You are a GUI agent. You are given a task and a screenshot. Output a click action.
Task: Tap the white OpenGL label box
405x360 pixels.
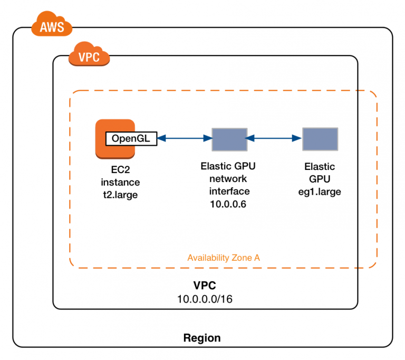click(x=131, y=139)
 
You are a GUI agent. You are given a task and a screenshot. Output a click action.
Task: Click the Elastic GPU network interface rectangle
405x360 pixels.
click(x=229, y=139)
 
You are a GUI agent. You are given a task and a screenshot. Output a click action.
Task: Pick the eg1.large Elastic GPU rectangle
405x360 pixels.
click(x=320, y=139)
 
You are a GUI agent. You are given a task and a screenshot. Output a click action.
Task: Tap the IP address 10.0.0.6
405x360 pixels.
click(x=229, y=204)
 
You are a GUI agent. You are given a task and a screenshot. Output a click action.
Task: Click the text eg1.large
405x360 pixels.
click(x=320, y=192)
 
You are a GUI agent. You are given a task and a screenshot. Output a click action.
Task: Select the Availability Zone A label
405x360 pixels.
click(x=224, y=258)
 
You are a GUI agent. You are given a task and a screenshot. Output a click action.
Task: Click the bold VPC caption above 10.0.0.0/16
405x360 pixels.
click(x=205, y=286)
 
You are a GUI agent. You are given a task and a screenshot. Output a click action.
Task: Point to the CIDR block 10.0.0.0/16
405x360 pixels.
click(x=205, y=298)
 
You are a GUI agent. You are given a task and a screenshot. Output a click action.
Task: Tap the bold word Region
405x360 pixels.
click(x=202, y=338)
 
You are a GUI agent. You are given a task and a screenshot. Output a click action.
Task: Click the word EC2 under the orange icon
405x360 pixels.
click(x=120, y=170)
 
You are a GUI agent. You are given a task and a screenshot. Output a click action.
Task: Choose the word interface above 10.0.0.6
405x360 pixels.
click(x=229, y=191)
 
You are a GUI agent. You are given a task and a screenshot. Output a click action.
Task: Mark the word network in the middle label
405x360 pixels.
click(x=229, y=178)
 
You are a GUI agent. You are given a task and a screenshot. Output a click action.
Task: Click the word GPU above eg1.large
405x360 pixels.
click(x=320, y=179)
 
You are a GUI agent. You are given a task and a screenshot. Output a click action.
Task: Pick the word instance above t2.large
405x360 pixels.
click(x=120, y=183)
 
